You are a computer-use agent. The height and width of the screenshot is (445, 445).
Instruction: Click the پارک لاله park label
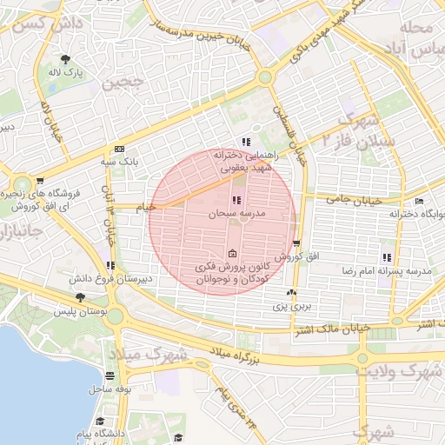coord(77,73)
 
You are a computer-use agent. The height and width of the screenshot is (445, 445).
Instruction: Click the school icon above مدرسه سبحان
coord(237,201)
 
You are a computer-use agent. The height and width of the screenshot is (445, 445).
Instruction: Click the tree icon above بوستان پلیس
coord(80,297)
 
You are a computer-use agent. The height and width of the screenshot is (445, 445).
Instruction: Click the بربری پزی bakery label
coord(289,306)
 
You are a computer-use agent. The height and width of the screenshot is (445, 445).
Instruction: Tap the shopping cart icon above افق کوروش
coord(297,244)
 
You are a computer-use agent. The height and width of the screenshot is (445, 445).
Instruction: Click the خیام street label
coord(143,206)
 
